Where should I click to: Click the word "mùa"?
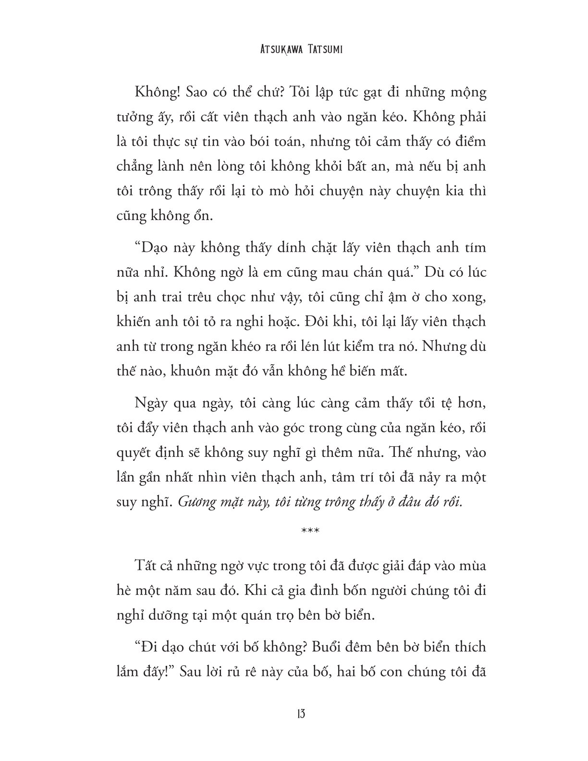point(471,566)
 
